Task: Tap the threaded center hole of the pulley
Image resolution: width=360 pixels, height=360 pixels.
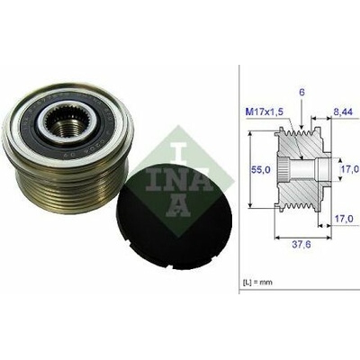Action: (69, 129)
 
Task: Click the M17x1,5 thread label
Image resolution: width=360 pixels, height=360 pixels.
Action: (265, 112)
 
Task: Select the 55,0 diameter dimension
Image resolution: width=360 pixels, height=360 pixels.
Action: (260, 170)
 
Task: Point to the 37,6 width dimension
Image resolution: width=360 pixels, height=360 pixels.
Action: (301, 245)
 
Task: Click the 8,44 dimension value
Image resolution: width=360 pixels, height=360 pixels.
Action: (343, 112)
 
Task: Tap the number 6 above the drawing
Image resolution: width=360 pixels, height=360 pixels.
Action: (301, 93)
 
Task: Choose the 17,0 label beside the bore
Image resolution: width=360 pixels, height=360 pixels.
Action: (350, 169)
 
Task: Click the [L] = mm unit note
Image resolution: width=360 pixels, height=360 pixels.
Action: (257, 283)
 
